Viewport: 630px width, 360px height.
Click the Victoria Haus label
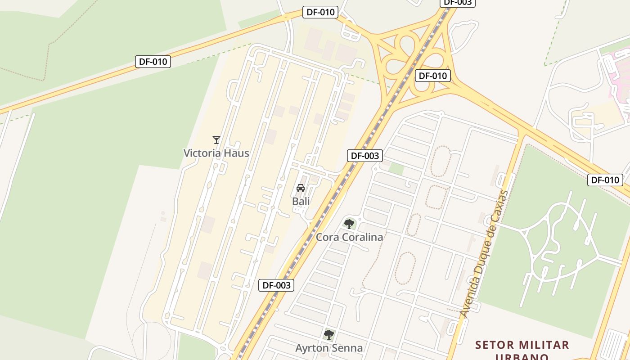pyautogui.click(x=216, y=153)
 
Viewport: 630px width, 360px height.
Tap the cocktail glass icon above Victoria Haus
pyautogui.click(x=216, y=140)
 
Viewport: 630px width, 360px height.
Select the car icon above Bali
pyautogui.click(x=301, y=188)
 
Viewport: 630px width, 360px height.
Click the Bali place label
pyautogui.click(x=301, y=201)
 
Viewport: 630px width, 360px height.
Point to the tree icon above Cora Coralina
pyautogui.click(x=349, y=224)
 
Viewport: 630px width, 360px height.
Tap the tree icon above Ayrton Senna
pyautogui.click(x=329, y=335)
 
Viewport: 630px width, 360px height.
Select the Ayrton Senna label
pyautogui.click(x=329, y=348)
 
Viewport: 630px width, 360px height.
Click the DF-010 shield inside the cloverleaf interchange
pyautogui.click(x=432, y=76)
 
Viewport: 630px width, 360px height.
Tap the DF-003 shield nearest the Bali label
pyautogui.click(x=364, y=156)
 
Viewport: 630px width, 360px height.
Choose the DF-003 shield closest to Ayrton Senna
pyautogui.click(x=276, y=285)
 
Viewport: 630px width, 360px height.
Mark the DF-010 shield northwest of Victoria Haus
pyautogui.click(x=153, y=62)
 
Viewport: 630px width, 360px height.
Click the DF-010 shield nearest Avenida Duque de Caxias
pyautogui.click(x=605, y=180)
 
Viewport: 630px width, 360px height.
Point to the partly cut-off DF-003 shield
pyautogui.click(x=457, y=3)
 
